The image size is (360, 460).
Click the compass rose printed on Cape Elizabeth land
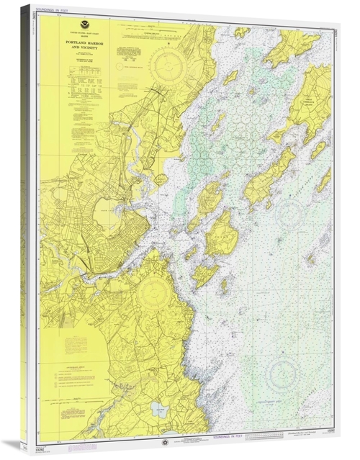153,292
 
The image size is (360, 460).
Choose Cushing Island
204,274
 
